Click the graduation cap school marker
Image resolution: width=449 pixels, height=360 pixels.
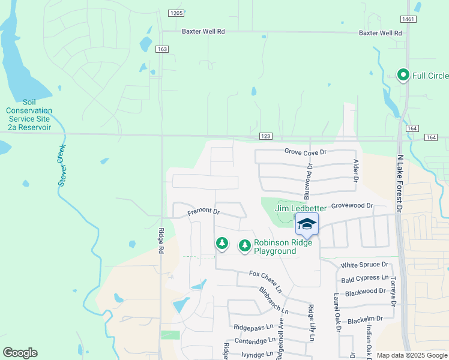(307, 224)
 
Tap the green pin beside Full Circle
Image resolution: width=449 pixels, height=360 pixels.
(403, 75)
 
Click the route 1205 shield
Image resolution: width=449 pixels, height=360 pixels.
(176, 13)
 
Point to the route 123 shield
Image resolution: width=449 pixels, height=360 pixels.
(266, 138)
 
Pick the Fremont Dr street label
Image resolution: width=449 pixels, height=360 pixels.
(203, 212)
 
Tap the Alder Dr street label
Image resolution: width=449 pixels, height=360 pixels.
(355, 171)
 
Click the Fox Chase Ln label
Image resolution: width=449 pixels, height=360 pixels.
(265, 277)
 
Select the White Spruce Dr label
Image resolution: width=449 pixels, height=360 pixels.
(364, 265)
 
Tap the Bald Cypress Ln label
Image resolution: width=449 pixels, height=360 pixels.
(364, 278)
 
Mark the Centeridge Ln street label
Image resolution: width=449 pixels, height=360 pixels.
(255, 340)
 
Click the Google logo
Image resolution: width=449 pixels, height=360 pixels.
(20, 353)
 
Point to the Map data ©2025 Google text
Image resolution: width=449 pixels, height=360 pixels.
(412, 355)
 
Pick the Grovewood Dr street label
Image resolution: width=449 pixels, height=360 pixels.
(352, 205)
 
